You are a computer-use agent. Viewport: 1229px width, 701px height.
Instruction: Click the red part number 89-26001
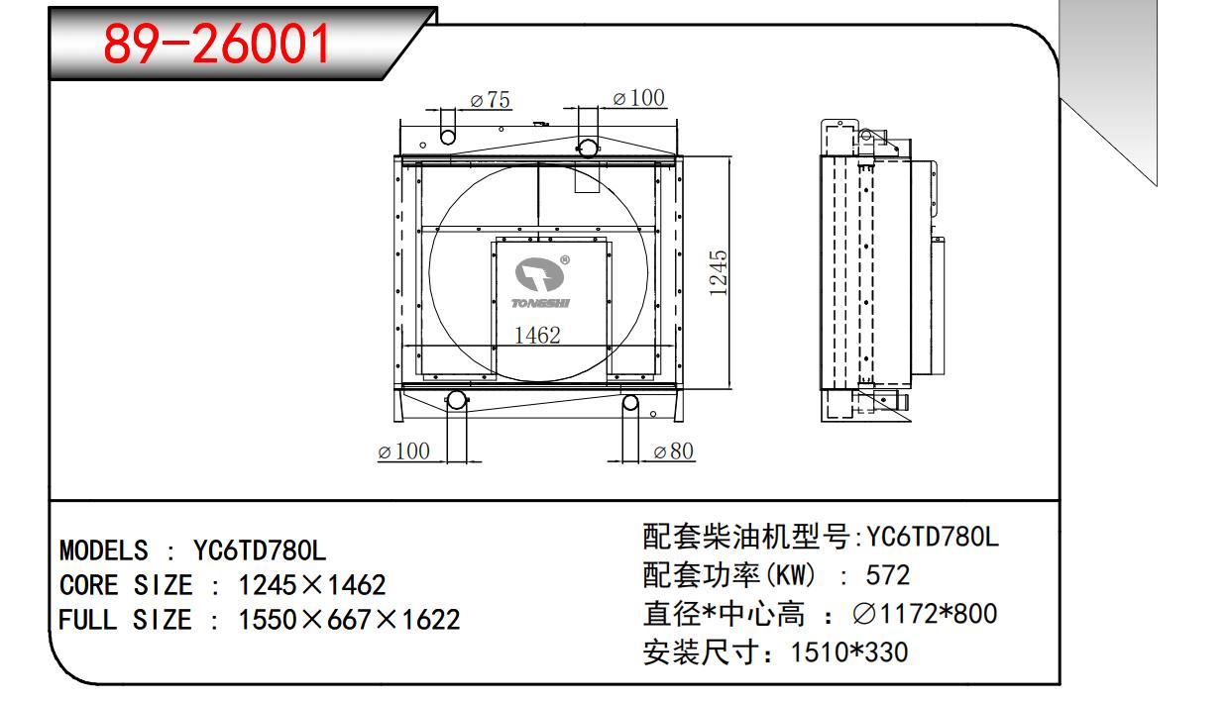[217, 44]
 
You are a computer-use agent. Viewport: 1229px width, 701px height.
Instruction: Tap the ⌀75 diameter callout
[490, 100]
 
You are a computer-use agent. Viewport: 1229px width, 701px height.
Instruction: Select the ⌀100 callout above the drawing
[638, 98]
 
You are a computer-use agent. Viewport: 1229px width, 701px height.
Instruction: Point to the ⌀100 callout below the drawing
[403, 451]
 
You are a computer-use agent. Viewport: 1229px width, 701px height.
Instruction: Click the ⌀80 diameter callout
[674, 451]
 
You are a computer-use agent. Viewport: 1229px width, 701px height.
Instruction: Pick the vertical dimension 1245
[718, 273]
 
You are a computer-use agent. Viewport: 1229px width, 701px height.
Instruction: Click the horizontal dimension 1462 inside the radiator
[537, 335]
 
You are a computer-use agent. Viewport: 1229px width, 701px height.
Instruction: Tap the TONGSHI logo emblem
[540, 274]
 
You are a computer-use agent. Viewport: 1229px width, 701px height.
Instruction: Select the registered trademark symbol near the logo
[565, 259]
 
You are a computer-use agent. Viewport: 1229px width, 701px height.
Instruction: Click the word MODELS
[104, 551]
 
